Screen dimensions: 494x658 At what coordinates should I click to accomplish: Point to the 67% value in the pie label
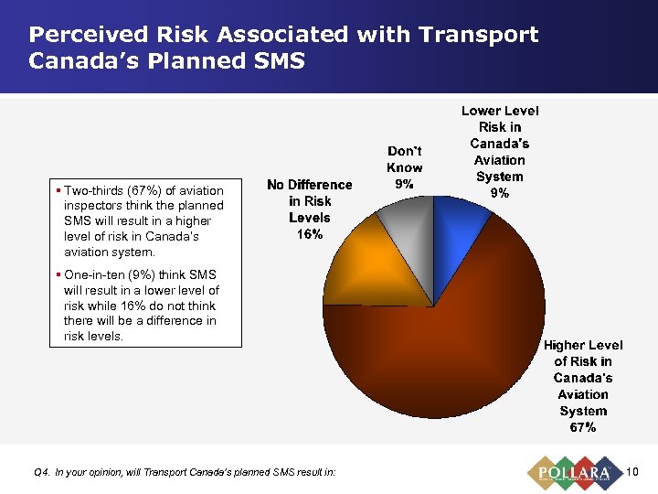tap(582, 427)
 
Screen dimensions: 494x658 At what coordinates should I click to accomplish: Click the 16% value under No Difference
tap(309, 234)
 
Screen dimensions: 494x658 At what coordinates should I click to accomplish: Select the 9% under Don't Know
tap(404, 184)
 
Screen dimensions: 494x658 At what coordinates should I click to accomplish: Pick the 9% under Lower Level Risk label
tap(499, 193)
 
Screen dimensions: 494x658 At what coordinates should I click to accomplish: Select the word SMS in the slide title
tap(280, 62)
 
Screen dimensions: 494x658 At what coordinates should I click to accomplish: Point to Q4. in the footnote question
tap(41, 472)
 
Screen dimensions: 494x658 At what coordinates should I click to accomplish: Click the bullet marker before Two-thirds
tap(58, 190)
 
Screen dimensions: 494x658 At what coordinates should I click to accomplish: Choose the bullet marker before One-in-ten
tap(58, 274)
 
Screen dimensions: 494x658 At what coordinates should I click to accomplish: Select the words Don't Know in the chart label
tap(404, 159)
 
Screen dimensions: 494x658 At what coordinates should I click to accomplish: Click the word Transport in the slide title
tap(478, 35)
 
